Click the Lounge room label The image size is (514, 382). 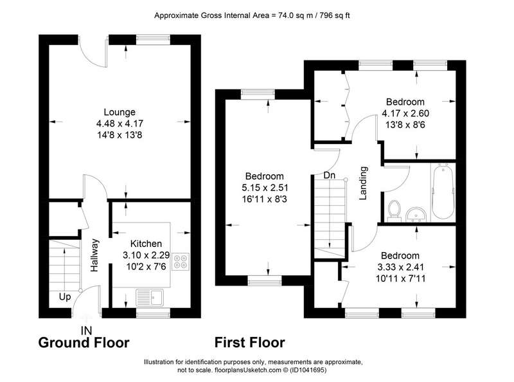[x=120, y=112]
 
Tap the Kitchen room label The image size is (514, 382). [x=146, y=244]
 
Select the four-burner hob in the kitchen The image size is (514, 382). [x=181, y=262]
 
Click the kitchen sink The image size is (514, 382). [x=150, y=298]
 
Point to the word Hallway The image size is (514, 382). [x=94, y=255]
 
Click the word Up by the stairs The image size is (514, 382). [x=65, y=297]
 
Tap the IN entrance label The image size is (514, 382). [x=87, y=330]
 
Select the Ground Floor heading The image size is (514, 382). [x=84, y=343]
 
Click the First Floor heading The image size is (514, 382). [x=249, y=343]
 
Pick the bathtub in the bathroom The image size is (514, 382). [x=443, y=192]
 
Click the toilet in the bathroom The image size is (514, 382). [x=394, y=211]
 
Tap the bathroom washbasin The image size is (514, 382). [x=416, y=214]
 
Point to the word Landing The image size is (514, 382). [x=363, y=183]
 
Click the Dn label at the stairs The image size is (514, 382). [x=329, y=176]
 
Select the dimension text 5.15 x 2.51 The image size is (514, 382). [x=265, y=188]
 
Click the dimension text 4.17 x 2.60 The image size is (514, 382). [x=405, y=113]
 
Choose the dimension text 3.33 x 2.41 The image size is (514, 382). [x=400, y=267]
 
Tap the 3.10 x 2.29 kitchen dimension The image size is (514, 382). [x=146, y=255]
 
